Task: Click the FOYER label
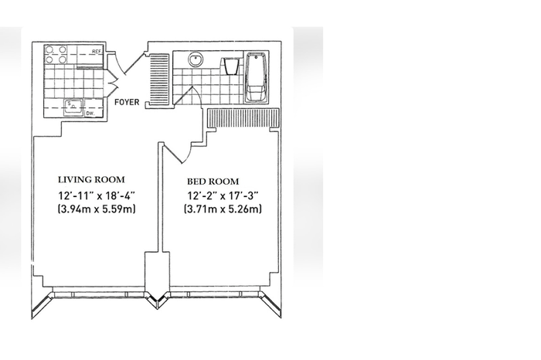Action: tap(127, 102)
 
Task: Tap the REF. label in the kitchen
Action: tap(97, 52)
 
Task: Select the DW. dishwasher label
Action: tap(90, 113)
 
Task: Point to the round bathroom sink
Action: tap(196, 59)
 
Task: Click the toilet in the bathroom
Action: tap(230, 66)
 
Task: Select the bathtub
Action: tap(257, 77)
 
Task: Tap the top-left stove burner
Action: tap(50, 50)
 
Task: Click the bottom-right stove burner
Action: tap(63, 59)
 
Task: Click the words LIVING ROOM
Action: tap(91, 180)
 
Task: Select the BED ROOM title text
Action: tap(213, 182)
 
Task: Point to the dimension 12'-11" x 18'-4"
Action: tap(97, 196)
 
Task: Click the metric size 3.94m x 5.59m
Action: tap(97, 209)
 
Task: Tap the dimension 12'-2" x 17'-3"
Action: tap(223, 196)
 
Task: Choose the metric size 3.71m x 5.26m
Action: tap(223, 209)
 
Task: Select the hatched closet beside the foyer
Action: tap(159, 80)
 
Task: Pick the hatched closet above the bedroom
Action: tap(243, 118)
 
